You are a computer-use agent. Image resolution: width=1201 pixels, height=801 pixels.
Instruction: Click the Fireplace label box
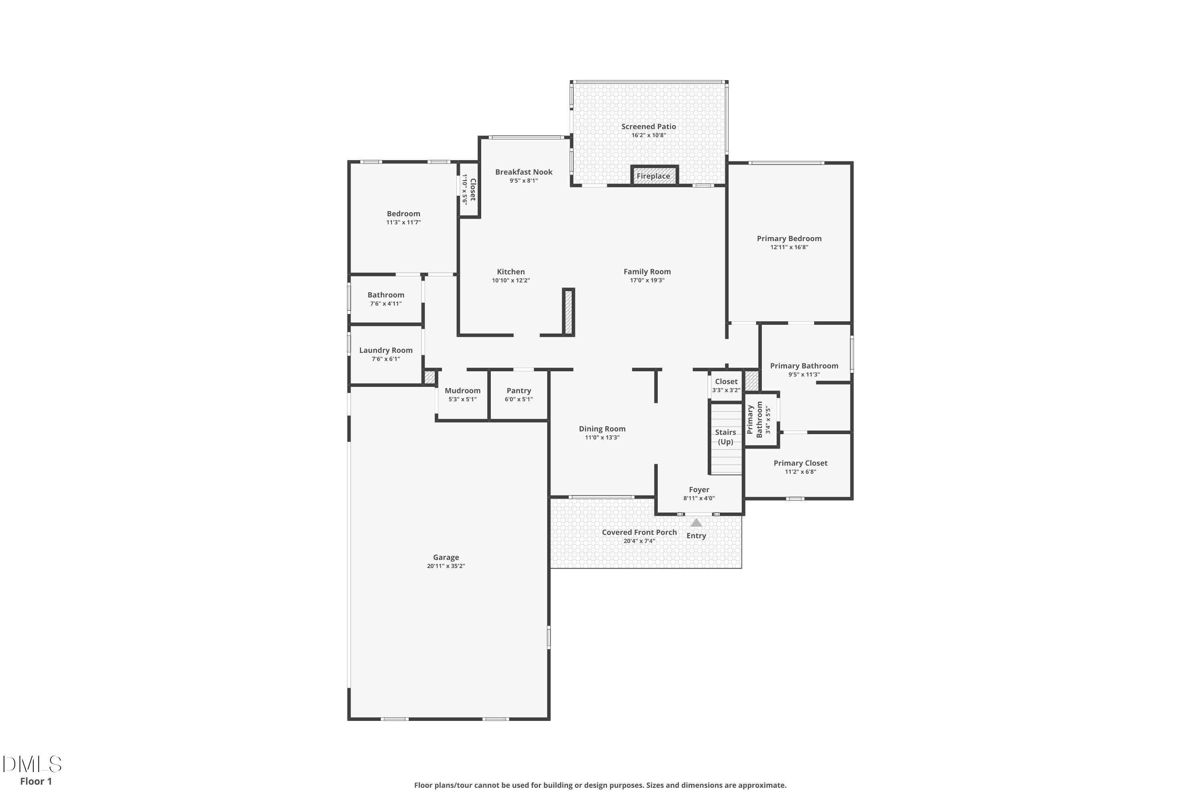pos(654,175)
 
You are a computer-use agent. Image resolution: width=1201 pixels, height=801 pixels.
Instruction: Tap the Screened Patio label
pos(649,127)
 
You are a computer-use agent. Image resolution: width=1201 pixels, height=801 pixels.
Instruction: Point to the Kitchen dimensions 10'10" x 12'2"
pos(511,280)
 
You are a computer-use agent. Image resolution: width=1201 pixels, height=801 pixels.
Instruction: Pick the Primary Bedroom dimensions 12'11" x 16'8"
pos(789,247)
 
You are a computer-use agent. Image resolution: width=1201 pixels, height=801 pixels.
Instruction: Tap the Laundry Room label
pos(386,350)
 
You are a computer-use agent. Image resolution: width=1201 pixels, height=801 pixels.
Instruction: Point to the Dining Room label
pos(602,429)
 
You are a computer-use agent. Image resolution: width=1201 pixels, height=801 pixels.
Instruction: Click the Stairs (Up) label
pos(725,437)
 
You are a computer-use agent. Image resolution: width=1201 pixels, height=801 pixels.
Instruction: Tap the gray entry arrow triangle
pos(696,523)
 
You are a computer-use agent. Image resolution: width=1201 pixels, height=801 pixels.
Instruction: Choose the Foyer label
pos(699,490)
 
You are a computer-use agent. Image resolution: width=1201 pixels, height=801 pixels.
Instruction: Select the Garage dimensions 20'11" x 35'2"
pos(446,566)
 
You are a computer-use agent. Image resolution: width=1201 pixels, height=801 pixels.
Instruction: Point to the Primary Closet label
pos(800,463)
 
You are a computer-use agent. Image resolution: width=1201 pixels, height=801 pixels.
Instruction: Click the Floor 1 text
pos(36,781)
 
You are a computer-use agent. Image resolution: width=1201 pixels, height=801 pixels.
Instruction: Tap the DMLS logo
pos(32,764)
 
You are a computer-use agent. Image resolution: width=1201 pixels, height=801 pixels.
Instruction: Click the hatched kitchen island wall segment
pos(568,312)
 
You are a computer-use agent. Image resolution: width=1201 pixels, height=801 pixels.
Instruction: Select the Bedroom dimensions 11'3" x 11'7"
pos(404,223)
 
